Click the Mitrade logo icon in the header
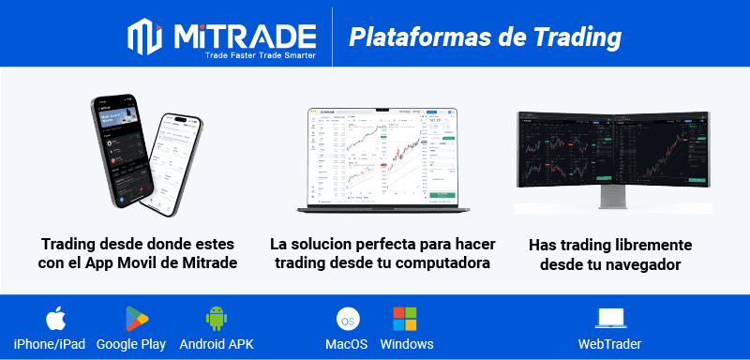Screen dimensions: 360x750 pos(145,37)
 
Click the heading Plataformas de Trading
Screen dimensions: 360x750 pos(486,37)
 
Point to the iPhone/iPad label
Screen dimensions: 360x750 pos(50,344)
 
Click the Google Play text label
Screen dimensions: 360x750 pos(130,344)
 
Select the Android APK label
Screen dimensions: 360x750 pos(217,344)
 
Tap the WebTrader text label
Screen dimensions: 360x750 pos(610,344)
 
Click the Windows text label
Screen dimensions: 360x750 pos(407,344)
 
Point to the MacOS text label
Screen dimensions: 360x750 pos(346,344)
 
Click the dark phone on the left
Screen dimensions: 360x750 pos(120,150)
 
